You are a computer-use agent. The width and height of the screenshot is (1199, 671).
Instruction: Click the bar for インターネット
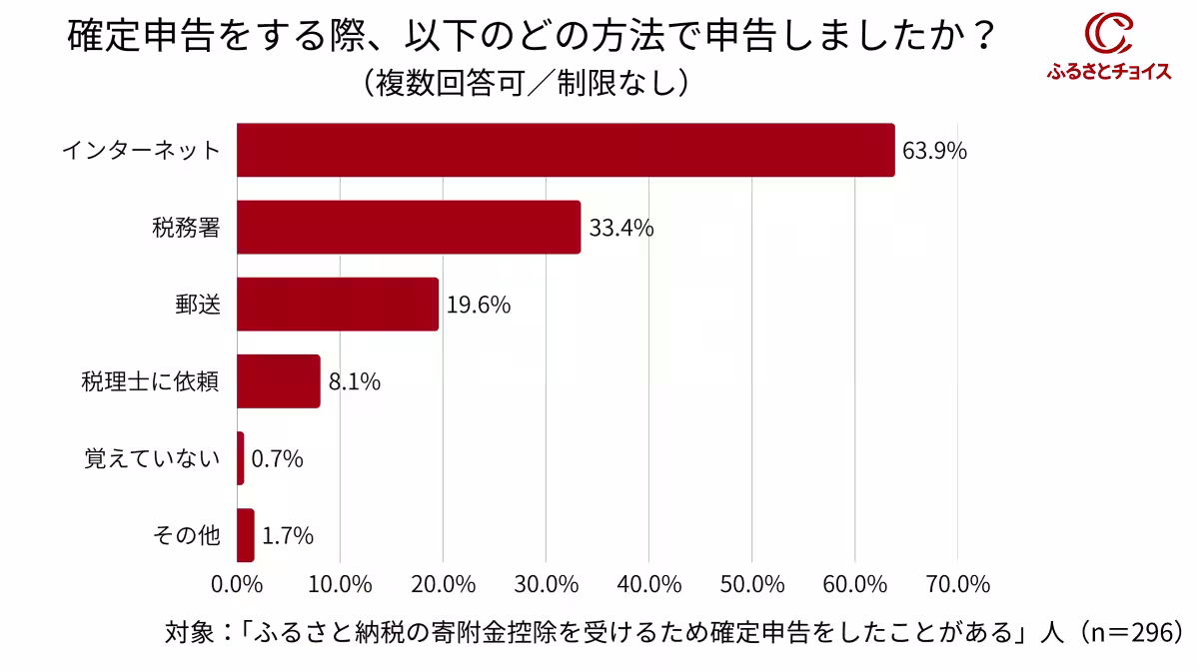point(566,150)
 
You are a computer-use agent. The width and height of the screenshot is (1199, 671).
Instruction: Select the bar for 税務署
point(409,227)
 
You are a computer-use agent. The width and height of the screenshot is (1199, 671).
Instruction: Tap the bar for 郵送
point(338,304)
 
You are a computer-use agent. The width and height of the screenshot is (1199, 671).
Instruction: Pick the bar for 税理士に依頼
point(279,381)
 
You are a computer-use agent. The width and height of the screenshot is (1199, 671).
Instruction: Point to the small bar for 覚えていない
point(241,458)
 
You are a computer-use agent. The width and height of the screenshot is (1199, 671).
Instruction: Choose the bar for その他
point(246,535)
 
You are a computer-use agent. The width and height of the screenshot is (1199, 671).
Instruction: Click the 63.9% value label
point(934,151)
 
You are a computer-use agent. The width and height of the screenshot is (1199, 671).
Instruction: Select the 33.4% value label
point(620,228)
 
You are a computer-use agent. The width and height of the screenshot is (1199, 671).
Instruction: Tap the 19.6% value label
point(478,305)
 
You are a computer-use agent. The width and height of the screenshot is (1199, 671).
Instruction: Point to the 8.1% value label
point(354,381)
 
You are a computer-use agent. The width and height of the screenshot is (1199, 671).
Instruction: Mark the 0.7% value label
point(277,459)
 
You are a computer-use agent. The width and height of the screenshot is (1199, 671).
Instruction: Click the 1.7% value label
point(288,536)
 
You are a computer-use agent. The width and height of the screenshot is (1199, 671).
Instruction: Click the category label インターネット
point(141,151)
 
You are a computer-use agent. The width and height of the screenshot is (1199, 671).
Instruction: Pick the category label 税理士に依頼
point(150,381)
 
